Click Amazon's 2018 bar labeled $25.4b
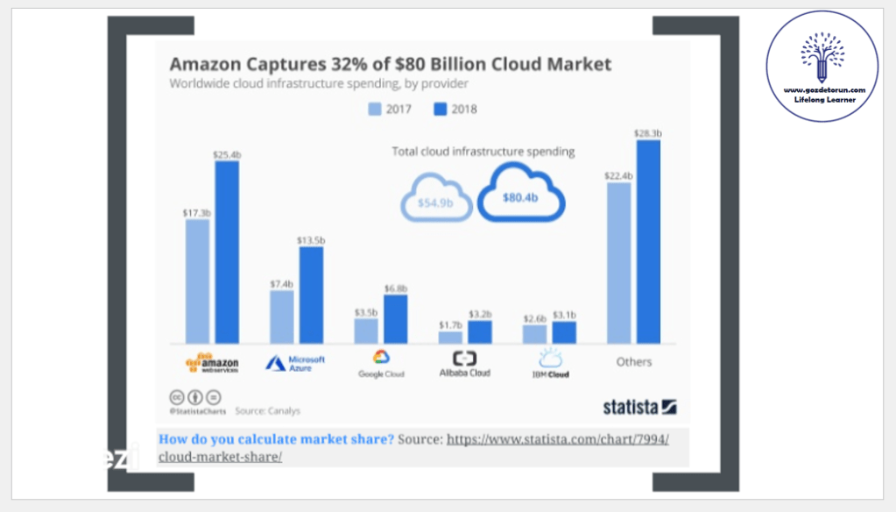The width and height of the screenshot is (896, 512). (227, 252)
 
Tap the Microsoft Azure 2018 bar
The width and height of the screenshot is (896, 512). (311, 295)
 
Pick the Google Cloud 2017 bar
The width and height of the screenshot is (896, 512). (366, 331)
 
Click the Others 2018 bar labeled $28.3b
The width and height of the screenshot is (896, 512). (648, 241)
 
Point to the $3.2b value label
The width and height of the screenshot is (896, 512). (480, 313)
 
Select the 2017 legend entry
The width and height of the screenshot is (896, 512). (389, 110)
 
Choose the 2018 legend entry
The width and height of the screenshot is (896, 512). (455, 110)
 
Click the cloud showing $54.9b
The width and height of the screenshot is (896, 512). (435, 201)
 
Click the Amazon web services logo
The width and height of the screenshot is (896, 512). (212, 363)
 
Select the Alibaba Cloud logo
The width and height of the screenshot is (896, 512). (464, 364)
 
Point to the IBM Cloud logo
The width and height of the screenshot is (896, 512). (551, 363)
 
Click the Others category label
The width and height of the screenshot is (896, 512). (633, 361)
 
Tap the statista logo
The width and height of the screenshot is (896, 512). (639, 407)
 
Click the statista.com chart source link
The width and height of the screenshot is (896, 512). (557, 439)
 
